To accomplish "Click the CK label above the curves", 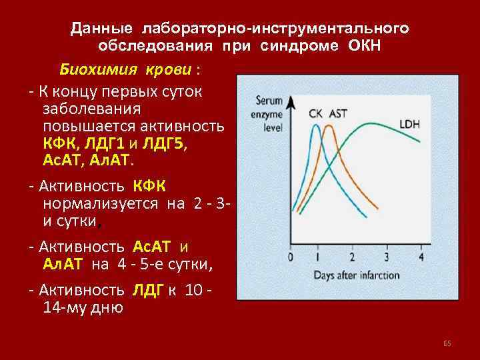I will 316,113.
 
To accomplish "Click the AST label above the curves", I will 338,113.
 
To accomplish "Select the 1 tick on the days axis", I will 318,257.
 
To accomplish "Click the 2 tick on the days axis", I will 352,257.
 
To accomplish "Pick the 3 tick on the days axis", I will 387,257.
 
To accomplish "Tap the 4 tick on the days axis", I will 420,257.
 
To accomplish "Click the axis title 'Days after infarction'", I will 357,274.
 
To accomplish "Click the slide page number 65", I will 447,343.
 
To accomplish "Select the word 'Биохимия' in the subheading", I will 89,70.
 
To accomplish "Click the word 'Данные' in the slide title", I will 104,29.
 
